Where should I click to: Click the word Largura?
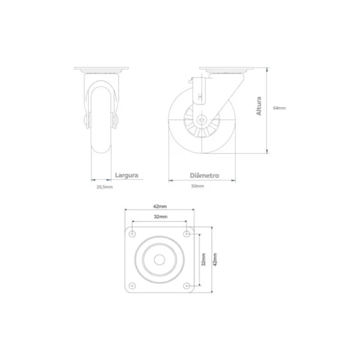click(x=127, y=175)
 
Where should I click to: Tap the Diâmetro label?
click(x=205, y=176)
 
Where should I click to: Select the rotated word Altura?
click(x=259, y=106)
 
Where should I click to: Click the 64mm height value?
click(x=280, y=108)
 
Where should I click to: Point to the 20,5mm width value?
click(x=104, y=187)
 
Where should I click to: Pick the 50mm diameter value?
click(x=197, y=186)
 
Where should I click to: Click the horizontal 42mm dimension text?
click(x=160, y=206)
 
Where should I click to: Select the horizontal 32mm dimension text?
click(x=160, y=217)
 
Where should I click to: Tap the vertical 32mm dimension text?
click(x=203, y=259)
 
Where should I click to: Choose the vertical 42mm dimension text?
click(x=215, y=259)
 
